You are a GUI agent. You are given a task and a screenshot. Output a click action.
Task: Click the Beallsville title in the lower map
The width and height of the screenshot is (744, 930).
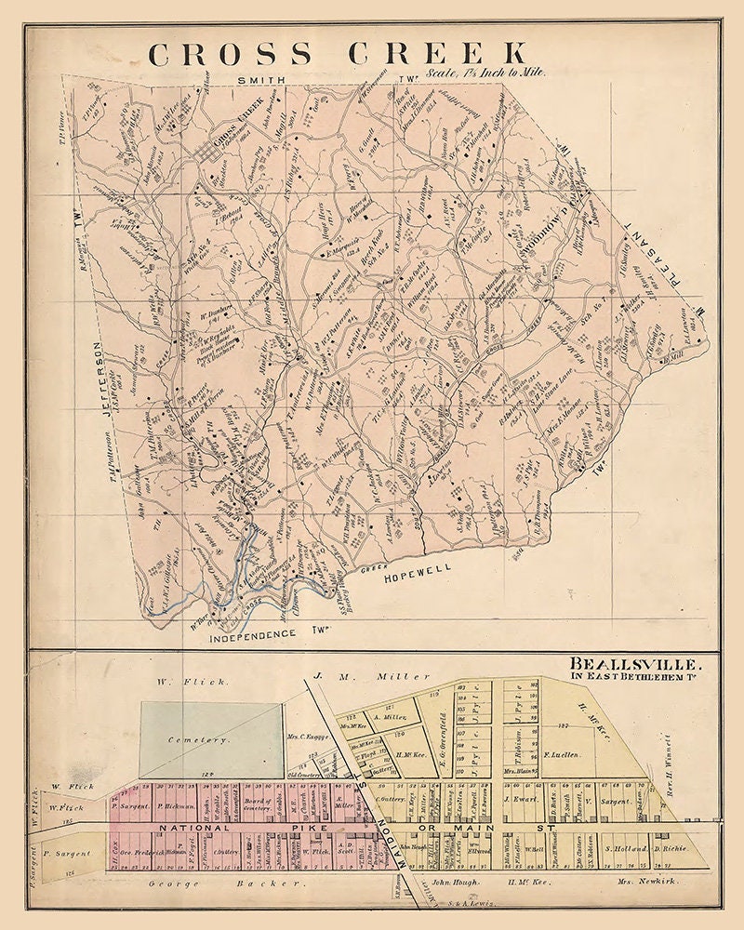[643, 665]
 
